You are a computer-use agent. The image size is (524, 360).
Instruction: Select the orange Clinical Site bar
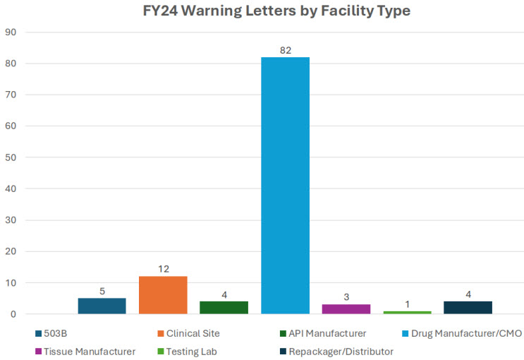(x=163, y=295)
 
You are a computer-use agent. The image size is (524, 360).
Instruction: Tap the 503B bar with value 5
(x=102, y=306)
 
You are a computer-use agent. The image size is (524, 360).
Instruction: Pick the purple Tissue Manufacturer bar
(x=346, y=309)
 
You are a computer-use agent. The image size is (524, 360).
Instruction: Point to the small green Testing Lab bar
(x=407, y=312)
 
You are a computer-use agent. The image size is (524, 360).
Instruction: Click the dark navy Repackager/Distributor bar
(x=468, y=308)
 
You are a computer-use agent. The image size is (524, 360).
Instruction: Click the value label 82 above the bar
(x=285, y=50)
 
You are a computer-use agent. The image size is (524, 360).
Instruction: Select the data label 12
(x=163, y=270)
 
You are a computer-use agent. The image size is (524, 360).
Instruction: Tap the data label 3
(x=346, y=298)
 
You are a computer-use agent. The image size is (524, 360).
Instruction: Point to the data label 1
(x=407, y=304)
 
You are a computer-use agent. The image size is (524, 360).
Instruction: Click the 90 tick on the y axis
(x=12, y=32)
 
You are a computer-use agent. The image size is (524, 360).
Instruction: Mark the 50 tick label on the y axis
(x=12, y=158)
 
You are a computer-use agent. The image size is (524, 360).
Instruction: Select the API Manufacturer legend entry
(x=323, y=332)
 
